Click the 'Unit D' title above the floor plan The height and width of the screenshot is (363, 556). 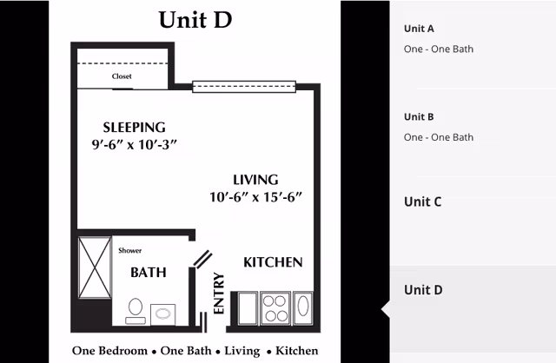pyautogui.click(x=195, y=19)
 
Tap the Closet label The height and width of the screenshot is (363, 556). pyautogui.click(x=122, y=76)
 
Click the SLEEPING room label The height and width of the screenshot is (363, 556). pyautogui.click(x=135, y=128)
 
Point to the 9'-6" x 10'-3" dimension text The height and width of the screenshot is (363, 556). pyautogui.click(x=135, y=145)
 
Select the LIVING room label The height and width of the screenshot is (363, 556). pyautogui.click(x=255, y=180)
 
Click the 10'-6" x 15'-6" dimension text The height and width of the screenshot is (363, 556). pyautogui.click(x=255, y=197)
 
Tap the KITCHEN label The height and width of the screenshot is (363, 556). pyautogui.click(x=273, y=262)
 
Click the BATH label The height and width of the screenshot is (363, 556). pyautogui.click(x=149, y=273)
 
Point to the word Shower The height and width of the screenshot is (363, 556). pyautogui.click(x=129, y=251)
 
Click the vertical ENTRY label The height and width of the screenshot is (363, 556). pyautogui.click(x=219, y=294)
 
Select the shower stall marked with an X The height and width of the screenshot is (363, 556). pyautogui.click(x=95, y=267)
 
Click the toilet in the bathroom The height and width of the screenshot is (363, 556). pyautogui.click(x=136, y=311)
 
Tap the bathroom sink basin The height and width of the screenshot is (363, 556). pyautogui.click(x=162, y=314)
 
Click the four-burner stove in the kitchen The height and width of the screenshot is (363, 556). pyautogui.click(x=275, y=308)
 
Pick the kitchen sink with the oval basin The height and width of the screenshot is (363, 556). pyautogui.click(x=303, y=308)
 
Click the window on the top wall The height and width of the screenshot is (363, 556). pyautogui.click(x=244, y=87)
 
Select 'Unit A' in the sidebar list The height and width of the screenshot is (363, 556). pyautogui.click(x=419, y=29)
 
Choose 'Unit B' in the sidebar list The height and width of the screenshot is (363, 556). pyautogui.click(x=419, y=117)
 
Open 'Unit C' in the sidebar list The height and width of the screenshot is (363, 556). pyautogui.click(x=423, y=201)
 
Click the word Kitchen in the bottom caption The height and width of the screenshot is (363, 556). pyautogui.click(x=297, y=351)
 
